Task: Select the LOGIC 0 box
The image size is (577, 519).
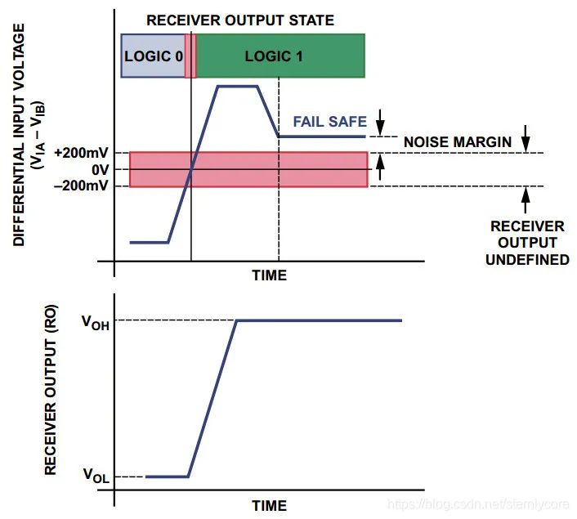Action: (153, 56)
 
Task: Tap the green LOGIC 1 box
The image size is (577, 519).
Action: (279, 56)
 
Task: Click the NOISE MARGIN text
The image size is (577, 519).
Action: (458, 142)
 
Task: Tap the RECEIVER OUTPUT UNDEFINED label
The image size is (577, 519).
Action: (527, 243)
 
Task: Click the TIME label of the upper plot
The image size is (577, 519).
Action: (269, 275)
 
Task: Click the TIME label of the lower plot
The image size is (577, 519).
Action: (269, 505)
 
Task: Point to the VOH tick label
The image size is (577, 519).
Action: (95, 321)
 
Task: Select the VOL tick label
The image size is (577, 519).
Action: (95, 474)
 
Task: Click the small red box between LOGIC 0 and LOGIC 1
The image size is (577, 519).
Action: (190, 56)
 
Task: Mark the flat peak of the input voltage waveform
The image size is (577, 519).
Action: (237, 86)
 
